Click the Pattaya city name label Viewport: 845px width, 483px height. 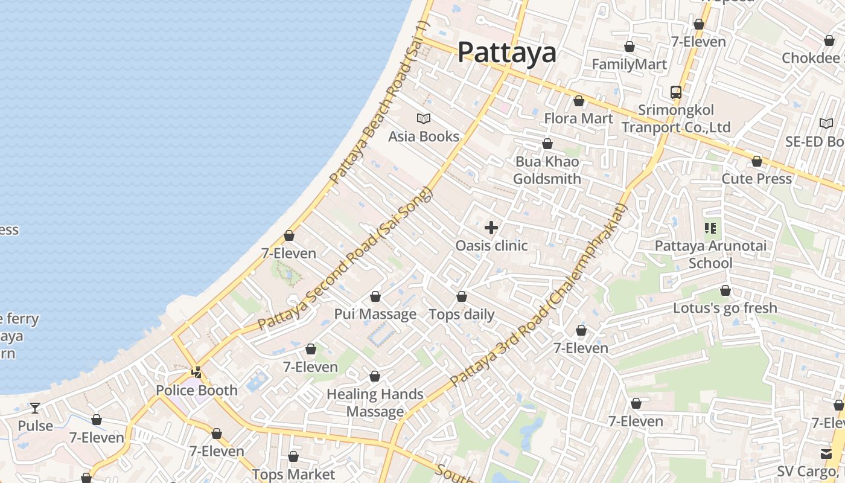click(x=506, y=52)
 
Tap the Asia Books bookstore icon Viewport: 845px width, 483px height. click(x=424, y=118)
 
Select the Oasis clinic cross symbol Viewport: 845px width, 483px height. click(x=491, y=228)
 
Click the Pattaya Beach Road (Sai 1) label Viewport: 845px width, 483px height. click(x=379, y=103)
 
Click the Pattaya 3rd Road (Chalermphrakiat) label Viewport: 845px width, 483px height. click(x=540, y=296)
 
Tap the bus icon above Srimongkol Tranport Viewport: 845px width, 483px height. click(x=676, y=92)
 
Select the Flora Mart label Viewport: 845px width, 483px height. click(x=578, y=118)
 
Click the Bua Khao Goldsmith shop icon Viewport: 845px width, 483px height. click(x=547, y=144)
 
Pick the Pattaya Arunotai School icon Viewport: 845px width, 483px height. click(x=710, y=228)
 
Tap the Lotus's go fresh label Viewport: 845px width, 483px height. click(x=725, y=308)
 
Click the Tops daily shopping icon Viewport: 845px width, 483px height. click(x=462, y=296)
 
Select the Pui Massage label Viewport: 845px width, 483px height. click(x=375, y=314)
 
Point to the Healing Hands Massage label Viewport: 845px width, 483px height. click(x=375, y=403)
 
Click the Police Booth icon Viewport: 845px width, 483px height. click(x=197, y=372)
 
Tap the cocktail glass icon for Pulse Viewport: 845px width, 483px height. click(x=35, y=408)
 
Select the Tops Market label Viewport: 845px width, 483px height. click(x=293, y=475)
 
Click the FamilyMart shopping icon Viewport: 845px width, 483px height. click(x=630, y=46)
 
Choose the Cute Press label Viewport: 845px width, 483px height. click(x=756, y=179)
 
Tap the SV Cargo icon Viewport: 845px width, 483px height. click(x=826, y=453)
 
